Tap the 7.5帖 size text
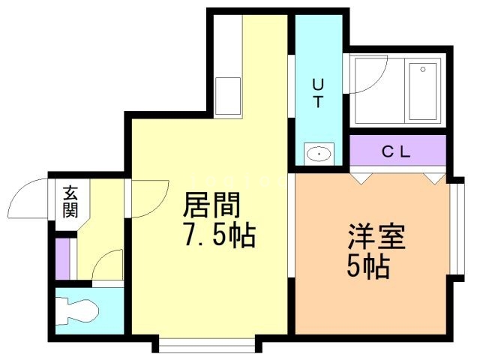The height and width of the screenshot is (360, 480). pos(218,236)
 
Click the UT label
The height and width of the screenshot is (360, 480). pos(317,94)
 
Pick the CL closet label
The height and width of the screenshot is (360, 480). pos(397,151)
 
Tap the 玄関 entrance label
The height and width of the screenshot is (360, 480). pos(70,200)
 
